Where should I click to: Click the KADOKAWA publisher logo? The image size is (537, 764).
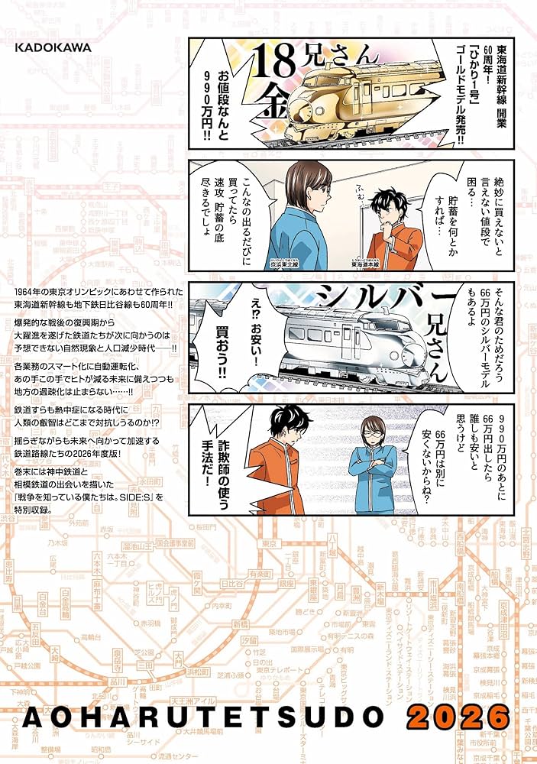(53, 47)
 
